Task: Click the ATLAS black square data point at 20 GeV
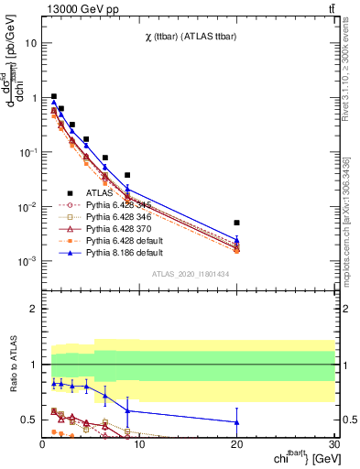[x=236, y=223]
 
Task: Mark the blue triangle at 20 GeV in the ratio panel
[x=236, y=422]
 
